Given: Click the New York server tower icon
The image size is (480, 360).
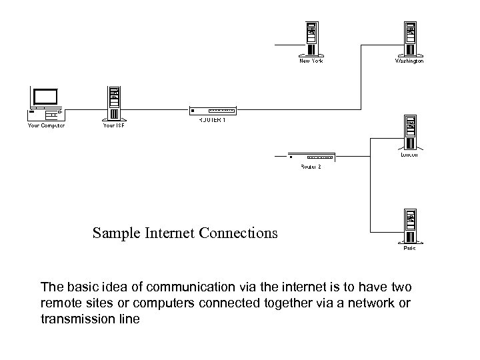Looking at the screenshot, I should point(311,37).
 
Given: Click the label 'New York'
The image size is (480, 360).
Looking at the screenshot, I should point(311,61).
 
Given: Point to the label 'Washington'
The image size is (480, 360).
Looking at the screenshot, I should point(409,61).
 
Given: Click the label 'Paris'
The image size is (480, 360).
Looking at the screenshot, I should point(409,248).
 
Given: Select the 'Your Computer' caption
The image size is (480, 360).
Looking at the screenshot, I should point(46,125).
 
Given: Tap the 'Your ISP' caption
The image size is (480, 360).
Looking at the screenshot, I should point(114,125).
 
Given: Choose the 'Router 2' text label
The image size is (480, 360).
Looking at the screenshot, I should point(311,167).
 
